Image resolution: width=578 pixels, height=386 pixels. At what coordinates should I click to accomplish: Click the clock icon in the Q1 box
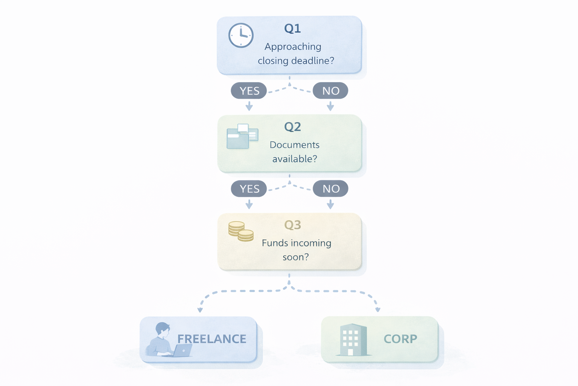tap(241, 35)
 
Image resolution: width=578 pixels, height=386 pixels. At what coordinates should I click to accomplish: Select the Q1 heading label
tap(292, 28)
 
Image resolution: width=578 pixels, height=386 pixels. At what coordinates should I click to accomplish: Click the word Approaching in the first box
tap(293, 47)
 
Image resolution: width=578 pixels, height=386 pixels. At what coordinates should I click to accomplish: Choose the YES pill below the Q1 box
tap(249, 91)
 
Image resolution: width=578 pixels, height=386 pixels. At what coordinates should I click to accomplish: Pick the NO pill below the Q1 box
tap(330, 91)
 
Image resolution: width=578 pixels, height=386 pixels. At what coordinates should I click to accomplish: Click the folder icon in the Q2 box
tap(242, 136)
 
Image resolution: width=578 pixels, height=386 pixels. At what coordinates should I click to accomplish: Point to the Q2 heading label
tap(292, 127)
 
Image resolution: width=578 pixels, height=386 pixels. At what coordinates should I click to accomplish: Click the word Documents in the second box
tap(294, 145)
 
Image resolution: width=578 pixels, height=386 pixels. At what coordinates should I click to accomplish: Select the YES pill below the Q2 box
tap(249, 189)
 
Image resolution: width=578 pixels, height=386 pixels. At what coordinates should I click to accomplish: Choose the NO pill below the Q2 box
tap(330, 189)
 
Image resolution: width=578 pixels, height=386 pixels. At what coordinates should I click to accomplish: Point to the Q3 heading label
tap(292, 225)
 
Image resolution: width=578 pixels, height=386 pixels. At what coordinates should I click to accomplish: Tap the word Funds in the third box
tap(273, 243)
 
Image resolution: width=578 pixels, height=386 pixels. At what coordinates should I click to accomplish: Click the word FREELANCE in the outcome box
tap(212, 339)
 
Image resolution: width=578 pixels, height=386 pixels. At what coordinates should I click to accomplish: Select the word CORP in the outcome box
tap(400, 339)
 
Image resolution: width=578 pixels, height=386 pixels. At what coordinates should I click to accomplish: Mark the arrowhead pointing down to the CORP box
tap(378, 309)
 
